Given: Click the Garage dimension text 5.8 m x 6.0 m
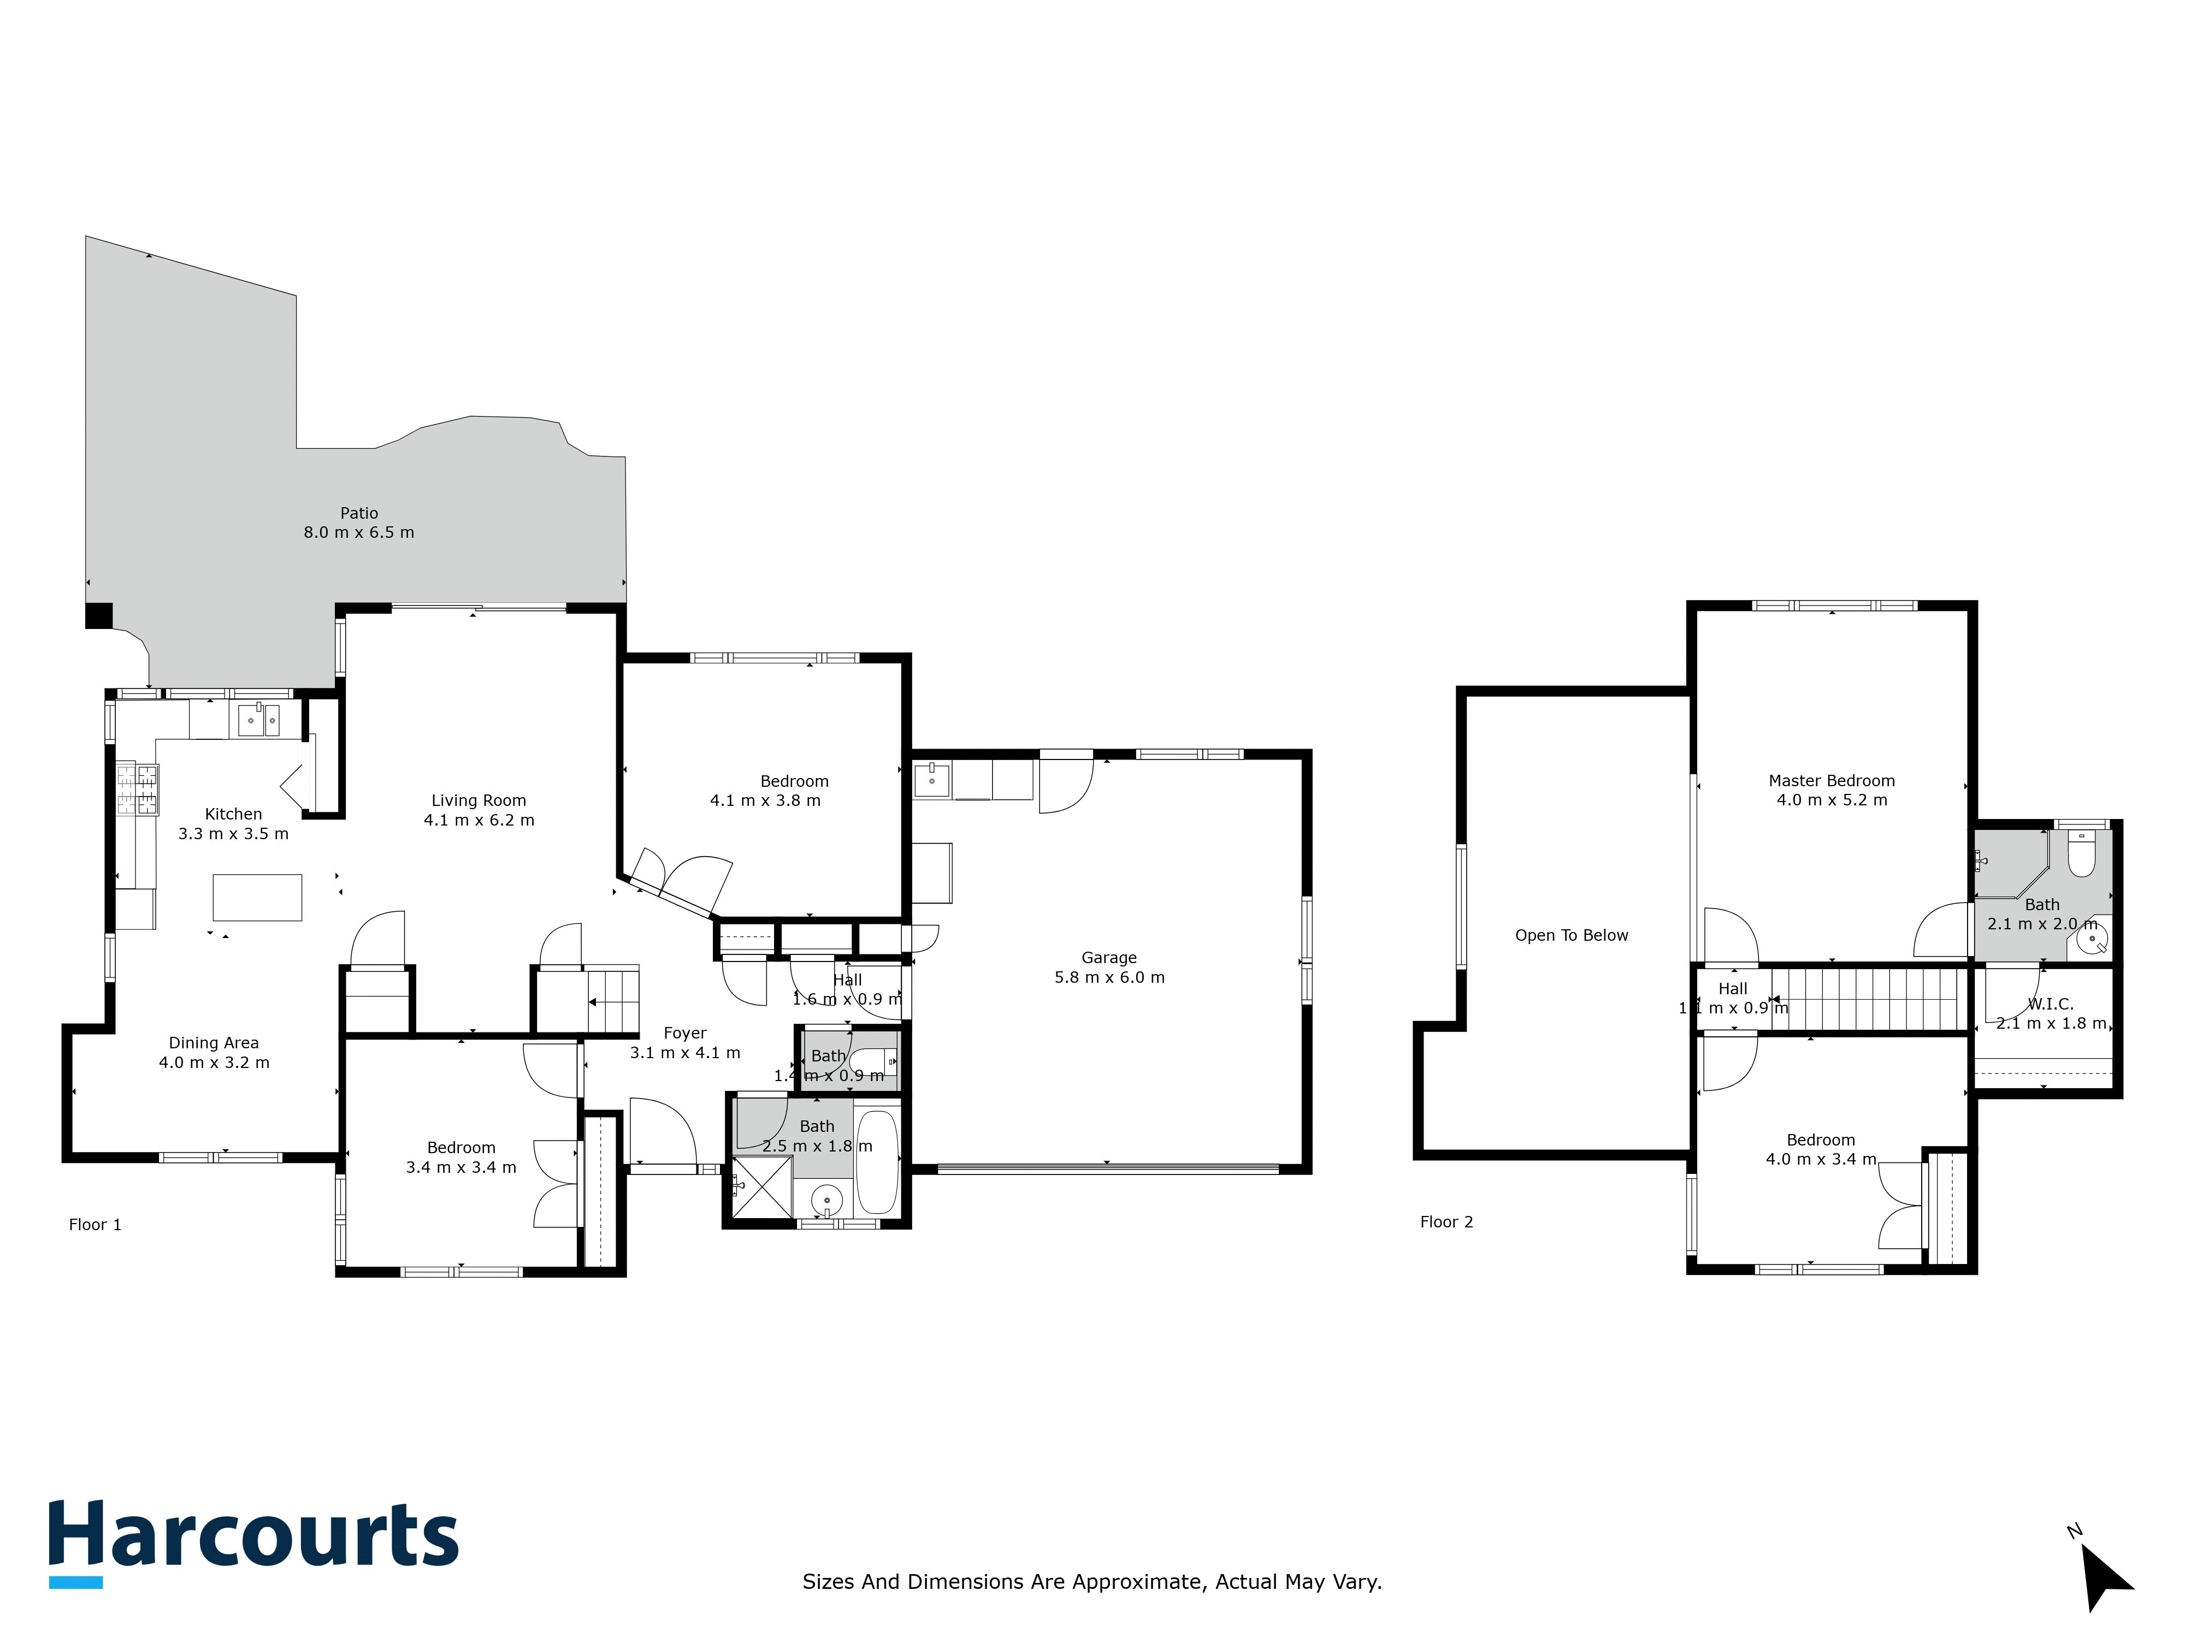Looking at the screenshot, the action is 1109,977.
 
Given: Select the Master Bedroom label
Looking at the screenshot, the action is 1832,781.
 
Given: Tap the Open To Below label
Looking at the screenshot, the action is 1572,935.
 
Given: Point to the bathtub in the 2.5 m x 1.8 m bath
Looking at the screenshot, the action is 877,1162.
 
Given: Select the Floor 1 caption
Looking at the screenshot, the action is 95,1224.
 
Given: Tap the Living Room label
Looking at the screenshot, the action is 479,801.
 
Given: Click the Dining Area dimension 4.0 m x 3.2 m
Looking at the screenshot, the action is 214,1063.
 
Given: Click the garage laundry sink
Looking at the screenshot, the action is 931,780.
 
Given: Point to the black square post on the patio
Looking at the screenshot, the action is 99,616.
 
